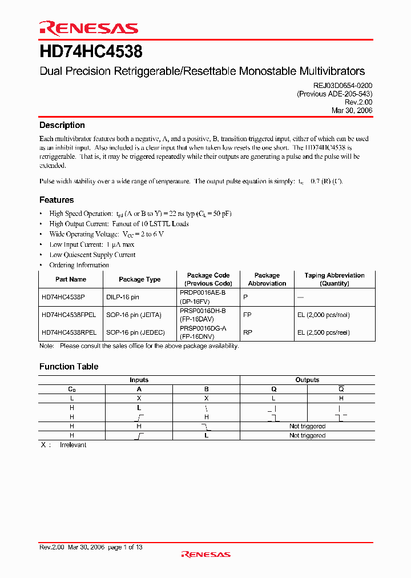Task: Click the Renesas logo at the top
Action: coord(88,28)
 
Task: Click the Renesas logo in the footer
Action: coord(205,554)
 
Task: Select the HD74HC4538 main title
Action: coord(91,52)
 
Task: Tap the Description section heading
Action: coord(62,125)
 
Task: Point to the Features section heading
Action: coord(57,200)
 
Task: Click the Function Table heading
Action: coord(68,367)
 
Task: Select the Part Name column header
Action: coord(71,279)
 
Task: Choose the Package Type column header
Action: coord(139,279)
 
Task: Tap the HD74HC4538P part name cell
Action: coord(63,298)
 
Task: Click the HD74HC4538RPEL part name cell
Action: coord(68,332)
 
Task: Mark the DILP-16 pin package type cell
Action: coord(122,298)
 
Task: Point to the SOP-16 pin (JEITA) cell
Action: coord(134,315)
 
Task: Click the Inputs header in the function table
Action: coord(139,380)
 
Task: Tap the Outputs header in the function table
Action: coord(307,380)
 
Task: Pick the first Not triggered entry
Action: coord(307,426)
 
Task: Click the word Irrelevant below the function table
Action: coord(73,444)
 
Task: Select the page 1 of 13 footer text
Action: coord(125,547)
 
